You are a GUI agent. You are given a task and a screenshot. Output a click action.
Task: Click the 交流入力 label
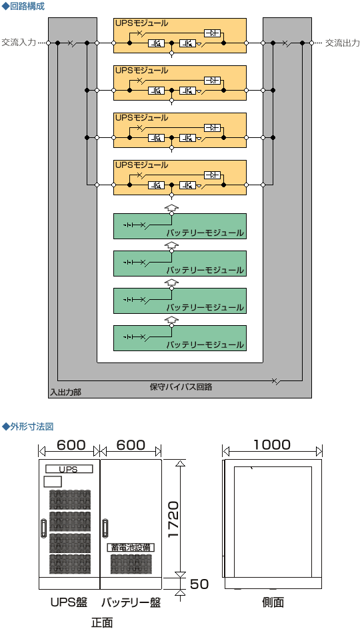click(x=18, y=43)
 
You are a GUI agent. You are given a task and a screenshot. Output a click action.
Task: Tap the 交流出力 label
click(x=342, y=43)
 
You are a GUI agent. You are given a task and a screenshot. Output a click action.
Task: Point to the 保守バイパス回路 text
click(x=181, y=386)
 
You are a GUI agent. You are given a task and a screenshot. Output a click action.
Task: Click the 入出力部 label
click(x=65, y=392)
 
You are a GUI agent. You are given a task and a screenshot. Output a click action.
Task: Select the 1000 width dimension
click(x=272, y=444)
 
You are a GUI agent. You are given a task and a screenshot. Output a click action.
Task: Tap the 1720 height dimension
click(x=173, y=520)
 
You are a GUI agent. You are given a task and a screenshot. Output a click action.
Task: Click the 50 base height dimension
click(x=199, y=584)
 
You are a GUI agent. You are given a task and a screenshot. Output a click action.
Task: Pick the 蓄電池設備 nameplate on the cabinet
click(x=131, y=547)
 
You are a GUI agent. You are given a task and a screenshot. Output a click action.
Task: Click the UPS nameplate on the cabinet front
click(x=69, y=469)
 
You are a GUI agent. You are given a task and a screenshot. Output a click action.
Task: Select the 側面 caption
click(x=273, y=602)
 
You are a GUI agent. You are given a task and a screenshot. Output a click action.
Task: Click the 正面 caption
click(x=101, y=623)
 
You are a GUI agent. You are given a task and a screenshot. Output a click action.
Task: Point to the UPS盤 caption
click(x=69, y=602)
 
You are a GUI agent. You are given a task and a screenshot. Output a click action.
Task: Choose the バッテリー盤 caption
click(x=131, y=602)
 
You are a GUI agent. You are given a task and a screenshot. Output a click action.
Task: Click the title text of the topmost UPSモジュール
click(x=141, y=23)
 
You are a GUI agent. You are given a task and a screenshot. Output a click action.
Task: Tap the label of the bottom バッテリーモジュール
click(x=205, y=344)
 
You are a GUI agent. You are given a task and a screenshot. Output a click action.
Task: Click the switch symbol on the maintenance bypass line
click(x=276, y=380)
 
